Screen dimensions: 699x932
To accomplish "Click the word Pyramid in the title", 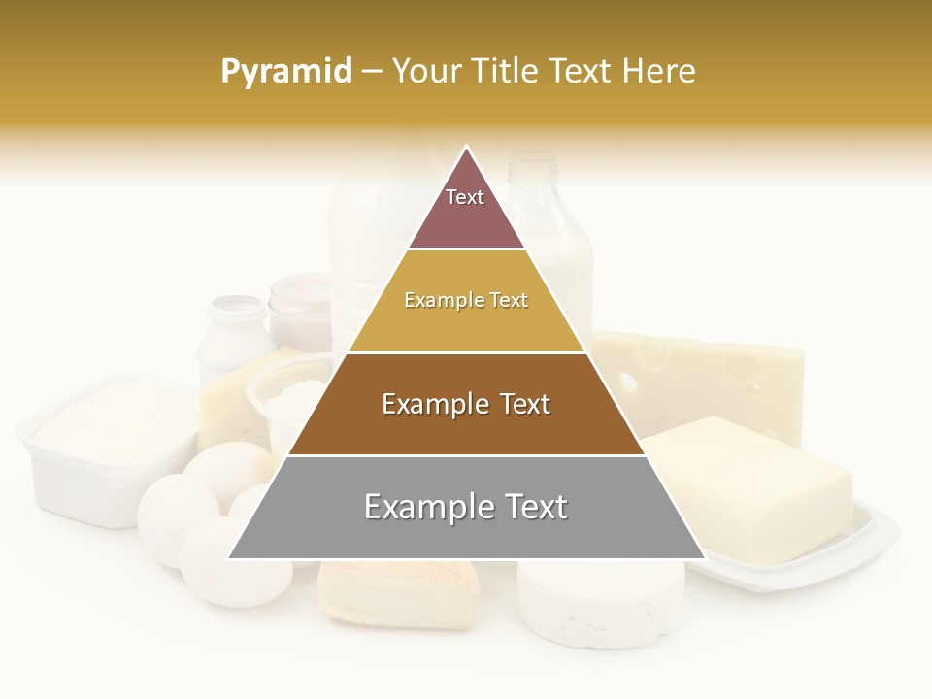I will coord(285,72).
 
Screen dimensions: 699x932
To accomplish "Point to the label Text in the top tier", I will coord(465,197).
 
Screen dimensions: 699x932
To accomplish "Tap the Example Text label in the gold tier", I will coord(466,301).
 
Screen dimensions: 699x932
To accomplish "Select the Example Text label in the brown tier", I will coord(466,404).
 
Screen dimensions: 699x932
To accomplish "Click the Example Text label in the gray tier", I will coord(466,507).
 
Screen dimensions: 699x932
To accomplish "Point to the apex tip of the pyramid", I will coord(467,149).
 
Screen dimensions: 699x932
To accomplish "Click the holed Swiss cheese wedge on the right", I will coord(718,379).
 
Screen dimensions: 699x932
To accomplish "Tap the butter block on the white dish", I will coord(752,485).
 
